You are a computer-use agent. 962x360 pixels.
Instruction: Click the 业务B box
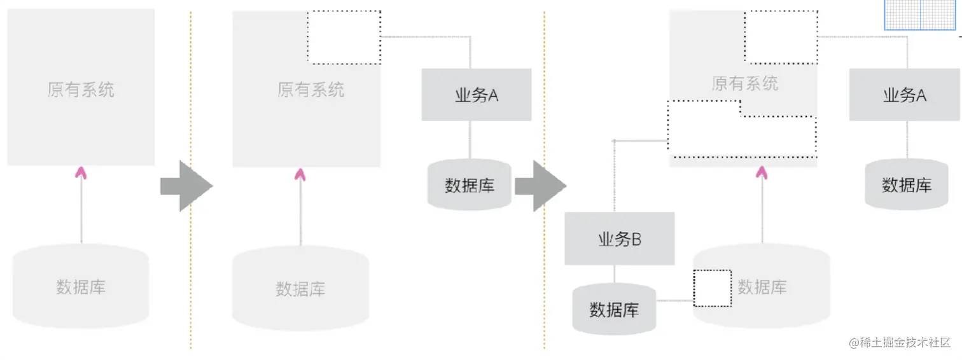(x=619, y=239)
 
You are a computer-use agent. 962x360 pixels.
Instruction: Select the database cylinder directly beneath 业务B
(x=614, y=309)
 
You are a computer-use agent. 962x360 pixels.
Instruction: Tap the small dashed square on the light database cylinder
(x=712, y=288)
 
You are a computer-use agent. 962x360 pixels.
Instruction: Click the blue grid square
(x=920, y=15)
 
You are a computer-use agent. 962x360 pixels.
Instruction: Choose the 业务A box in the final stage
(x=904, y=95)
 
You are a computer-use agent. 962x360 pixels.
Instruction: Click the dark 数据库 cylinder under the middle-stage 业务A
(x=470, y=185)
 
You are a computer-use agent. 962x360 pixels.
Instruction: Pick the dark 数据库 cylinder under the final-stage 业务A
(x=906, y=184)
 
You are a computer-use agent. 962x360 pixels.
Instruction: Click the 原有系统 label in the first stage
(x=81, y=89)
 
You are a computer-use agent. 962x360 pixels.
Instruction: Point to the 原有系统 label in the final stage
(x=745, y=83)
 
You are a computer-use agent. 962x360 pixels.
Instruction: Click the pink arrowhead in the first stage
(x=80, y=171)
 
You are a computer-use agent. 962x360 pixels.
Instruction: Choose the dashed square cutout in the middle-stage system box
(x=344, y=37)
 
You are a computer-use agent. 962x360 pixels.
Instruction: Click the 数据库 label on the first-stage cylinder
(x=81, y=287)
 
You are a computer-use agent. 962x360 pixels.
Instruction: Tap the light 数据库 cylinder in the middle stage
(x=300, y=288)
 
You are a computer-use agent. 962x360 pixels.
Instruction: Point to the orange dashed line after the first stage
(x=190, y=178)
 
